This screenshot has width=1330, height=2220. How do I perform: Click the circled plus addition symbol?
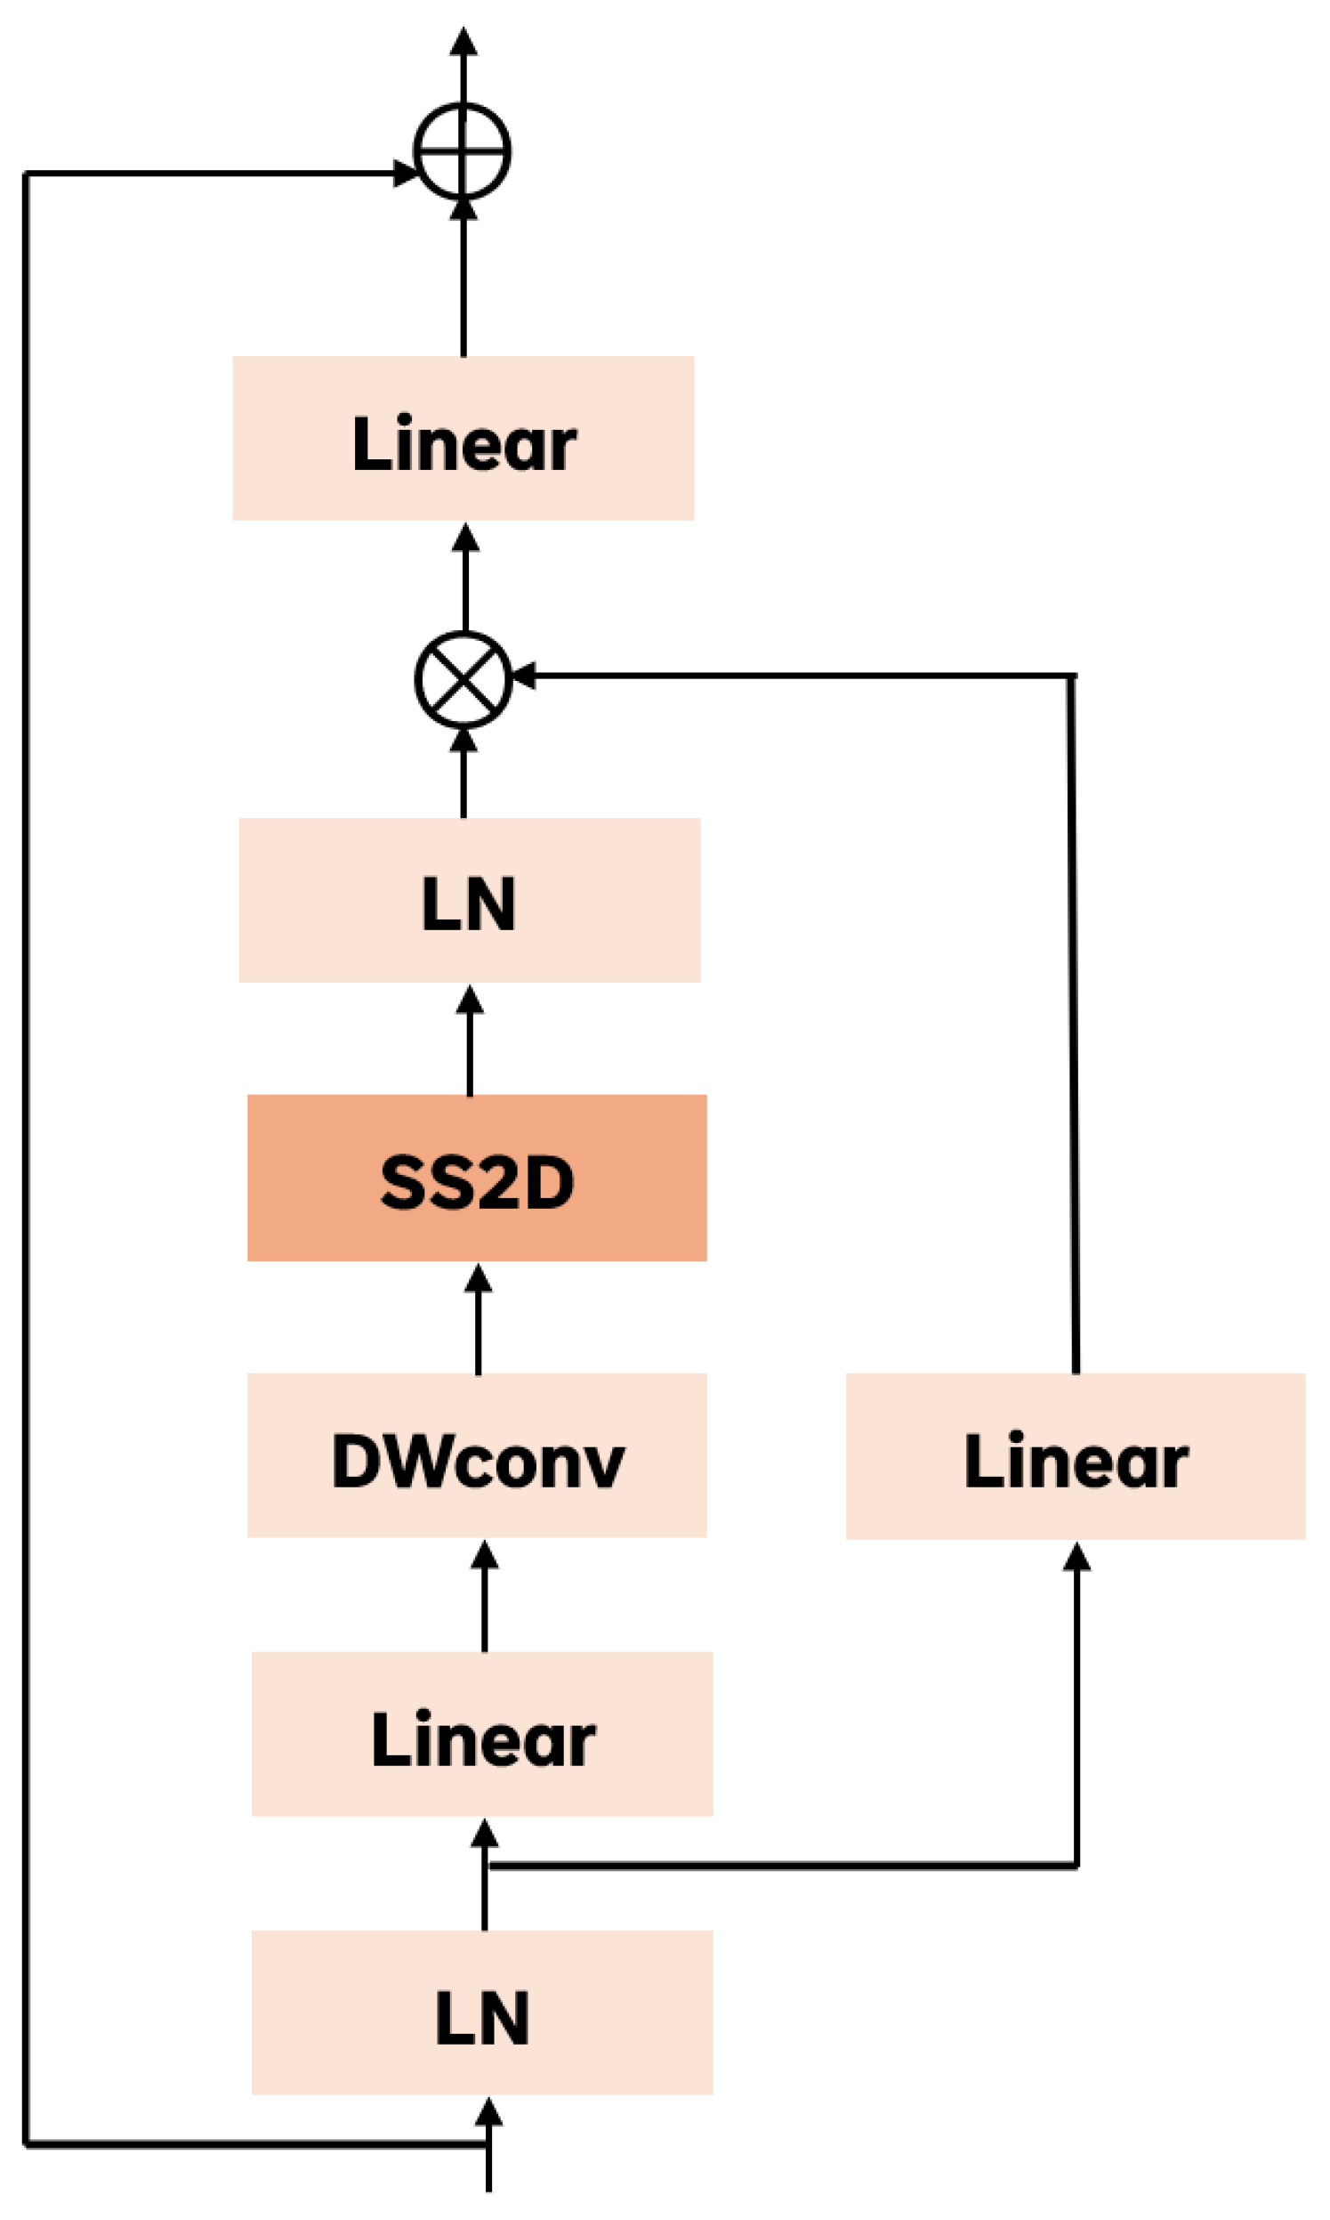point(463,150)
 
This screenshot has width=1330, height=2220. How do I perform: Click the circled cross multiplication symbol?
point(463,680)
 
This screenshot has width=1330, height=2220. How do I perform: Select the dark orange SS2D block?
point(477,1179)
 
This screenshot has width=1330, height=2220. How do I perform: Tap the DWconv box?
point(477,1456)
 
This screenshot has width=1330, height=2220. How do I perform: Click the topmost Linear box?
point(463,439)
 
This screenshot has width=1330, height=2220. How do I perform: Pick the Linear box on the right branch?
point(1076,1456)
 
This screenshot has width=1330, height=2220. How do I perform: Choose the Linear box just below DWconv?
point(482,1734)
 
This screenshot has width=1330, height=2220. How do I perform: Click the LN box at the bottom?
point(482,2012)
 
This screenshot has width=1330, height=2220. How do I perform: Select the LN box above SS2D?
point(470,900)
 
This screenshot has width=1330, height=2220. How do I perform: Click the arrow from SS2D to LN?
point(470,1040)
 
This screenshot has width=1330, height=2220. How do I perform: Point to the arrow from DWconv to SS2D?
point(478,1318)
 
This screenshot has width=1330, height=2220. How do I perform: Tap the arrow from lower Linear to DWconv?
point(484,1596)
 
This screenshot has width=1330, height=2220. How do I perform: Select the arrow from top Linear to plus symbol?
point(463,278)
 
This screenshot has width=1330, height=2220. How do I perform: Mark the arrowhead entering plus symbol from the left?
point(405,173)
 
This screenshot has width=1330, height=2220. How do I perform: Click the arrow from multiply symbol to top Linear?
point(464,579)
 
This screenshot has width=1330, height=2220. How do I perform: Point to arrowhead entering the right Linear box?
point(1076,1557)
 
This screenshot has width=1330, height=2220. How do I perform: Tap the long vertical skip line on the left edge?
point(27,1165)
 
